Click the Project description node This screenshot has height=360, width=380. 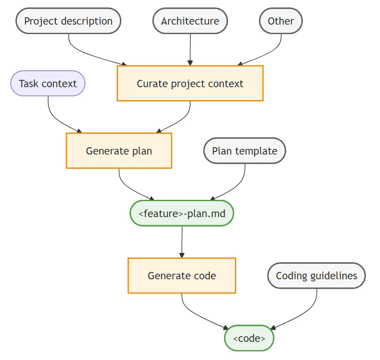tap(68, 21)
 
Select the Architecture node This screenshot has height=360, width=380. tap(190, 21)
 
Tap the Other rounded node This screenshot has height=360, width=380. tap(281, 21)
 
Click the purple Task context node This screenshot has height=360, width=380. tap(48, 83)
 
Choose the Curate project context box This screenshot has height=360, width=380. tap(190, 83)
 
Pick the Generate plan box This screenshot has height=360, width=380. tap(119, 151)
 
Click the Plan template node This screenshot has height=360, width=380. tap(244, 151)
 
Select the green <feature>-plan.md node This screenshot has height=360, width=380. tap(182, 213)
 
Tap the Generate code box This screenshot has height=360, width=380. tap(182, 276)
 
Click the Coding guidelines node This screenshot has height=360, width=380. tap(317, 275)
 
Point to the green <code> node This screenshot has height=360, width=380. tap(249, 338)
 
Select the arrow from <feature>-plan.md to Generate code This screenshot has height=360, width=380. tap(182, 242)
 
